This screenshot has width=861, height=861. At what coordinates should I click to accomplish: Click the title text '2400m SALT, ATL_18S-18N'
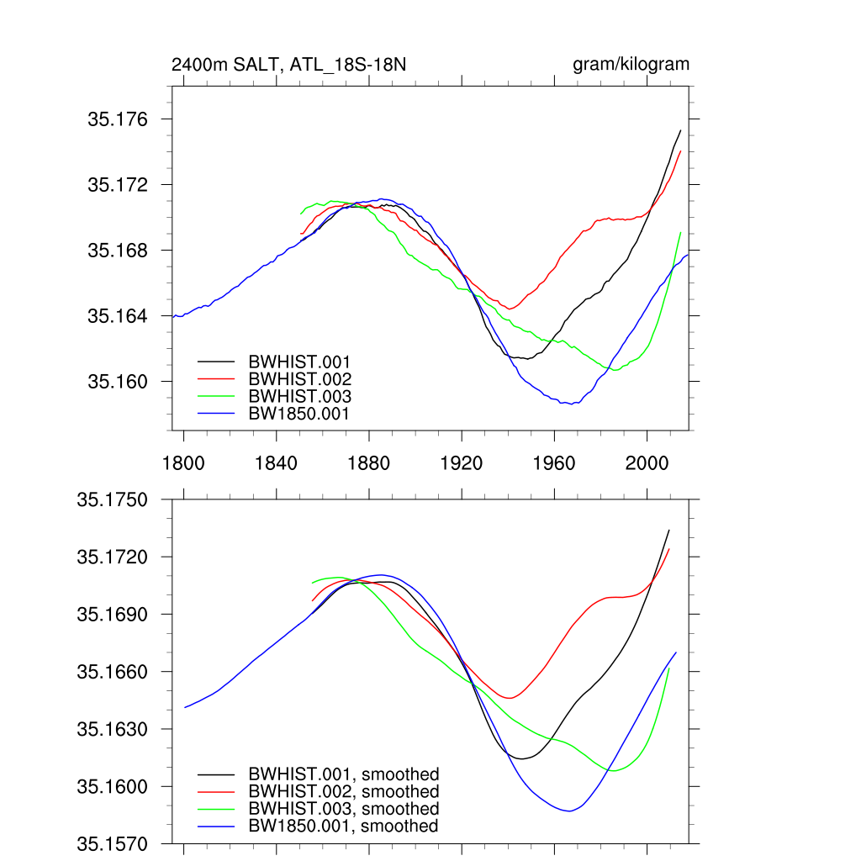click(288, 65)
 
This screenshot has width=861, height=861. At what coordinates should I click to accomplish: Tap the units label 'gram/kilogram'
click(631, 65)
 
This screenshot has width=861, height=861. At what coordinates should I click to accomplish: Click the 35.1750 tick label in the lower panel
click(112, 499)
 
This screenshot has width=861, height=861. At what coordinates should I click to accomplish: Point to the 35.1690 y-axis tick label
click(112, 615)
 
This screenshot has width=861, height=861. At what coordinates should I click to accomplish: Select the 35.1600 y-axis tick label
click(112, 787)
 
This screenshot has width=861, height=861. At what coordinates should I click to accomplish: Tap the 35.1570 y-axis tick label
click(112, 843)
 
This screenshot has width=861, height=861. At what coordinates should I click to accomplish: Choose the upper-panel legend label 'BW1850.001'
click(299, 414)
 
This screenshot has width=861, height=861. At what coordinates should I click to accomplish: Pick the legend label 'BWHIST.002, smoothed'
click(344, 792)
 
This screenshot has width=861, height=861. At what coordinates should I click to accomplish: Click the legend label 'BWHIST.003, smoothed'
click(344, 809)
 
